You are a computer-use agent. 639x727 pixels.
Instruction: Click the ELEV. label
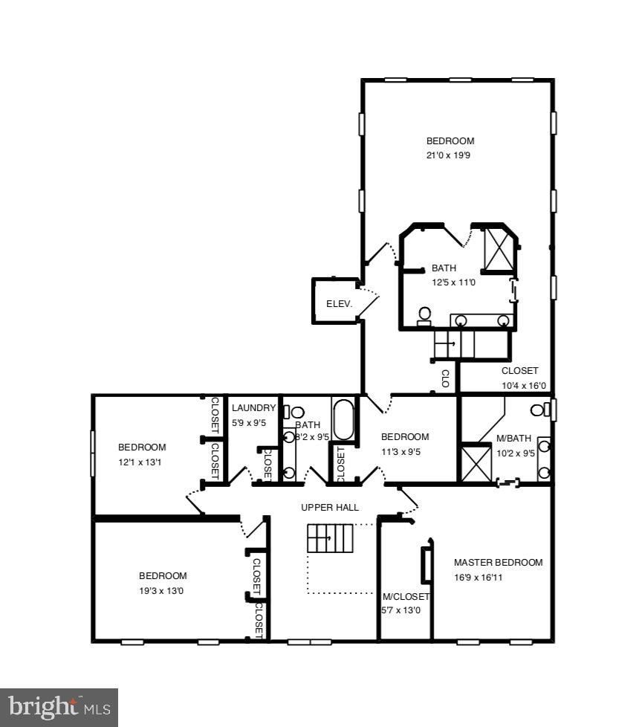(337, 304)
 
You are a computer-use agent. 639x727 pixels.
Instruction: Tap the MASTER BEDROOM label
(498, 563)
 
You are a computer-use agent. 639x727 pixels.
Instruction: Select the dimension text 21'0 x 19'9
(450, 156)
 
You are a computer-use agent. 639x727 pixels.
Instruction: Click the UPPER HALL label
(330, 508)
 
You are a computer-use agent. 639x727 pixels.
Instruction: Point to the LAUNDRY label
(253, 408)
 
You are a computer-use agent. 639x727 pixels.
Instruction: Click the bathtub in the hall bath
(343, 421)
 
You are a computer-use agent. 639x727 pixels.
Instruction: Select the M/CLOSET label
(406, 596)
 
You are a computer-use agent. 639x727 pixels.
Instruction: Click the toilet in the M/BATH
(542, 410)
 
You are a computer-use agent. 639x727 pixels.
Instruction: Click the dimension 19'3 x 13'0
(163, 591)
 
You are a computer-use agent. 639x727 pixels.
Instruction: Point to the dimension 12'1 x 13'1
(142, 462)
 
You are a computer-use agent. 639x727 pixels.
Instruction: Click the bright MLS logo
(59, 706)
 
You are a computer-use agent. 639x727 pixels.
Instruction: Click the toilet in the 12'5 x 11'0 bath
(425, 316)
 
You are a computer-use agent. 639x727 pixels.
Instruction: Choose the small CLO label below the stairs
(446, 379)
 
